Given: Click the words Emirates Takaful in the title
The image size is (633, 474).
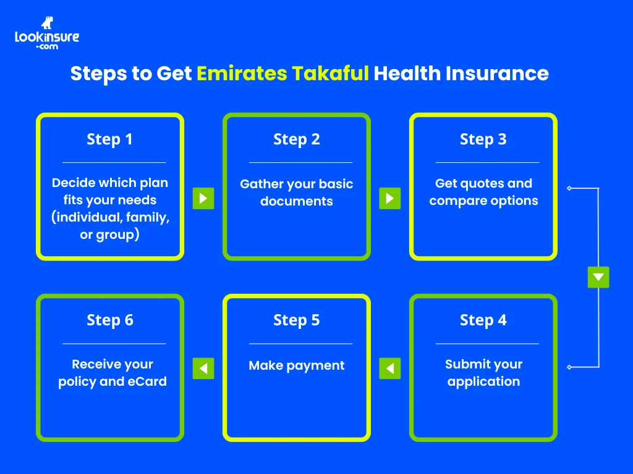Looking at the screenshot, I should click(x=283, y=73).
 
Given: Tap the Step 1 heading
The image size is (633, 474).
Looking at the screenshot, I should click(x=110, y=139).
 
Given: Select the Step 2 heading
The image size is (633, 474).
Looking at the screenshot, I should click(x=297, y=139).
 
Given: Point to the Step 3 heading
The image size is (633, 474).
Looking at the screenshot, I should click(x=483, y=139).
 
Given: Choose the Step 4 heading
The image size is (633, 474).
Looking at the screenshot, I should click(x=483, y=320).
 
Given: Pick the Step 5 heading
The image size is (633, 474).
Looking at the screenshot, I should click(x=297, y=320).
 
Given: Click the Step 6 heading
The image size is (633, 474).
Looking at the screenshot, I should click(x=110, y=320).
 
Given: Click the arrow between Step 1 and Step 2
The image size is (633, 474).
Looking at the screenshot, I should click(x=203, y=198).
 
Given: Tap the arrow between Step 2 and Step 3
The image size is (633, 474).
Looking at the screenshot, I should click(x=389, y=198).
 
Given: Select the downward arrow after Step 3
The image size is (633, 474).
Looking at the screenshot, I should click(x=598, y=277).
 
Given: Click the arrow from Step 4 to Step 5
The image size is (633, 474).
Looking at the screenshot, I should click(x=389, y=368).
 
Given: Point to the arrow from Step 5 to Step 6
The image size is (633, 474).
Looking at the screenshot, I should click(x=203, y=368).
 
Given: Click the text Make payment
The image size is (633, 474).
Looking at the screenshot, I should click(x=297, y=365).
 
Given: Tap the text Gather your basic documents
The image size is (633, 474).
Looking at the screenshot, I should click(x=297, y=193).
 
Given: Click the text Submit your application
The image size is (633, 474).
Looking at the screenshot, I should click(x=483, y=373).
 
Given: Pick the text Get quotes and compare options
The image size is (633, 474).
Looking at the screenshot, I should click(x=483, y=192).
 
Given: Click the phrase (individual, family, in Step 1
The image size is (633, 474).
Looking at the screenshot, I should click(x=110, y=218).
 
